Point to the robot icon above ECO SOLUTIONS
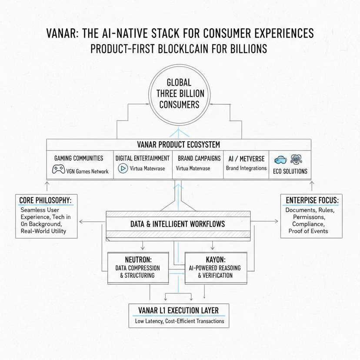296,158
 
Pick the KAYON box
214,268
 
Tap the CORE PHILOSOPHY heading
46,200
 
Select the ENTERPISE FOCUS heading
312,200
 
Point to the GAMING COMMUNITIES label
78,158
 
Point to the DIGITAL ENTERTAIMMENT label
143,158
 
